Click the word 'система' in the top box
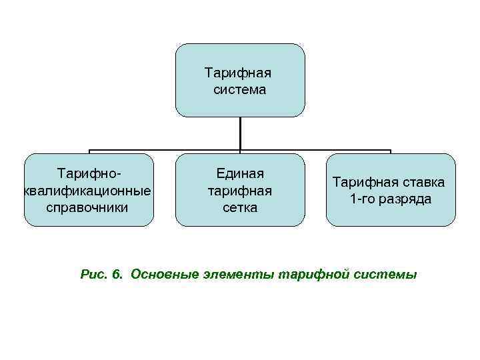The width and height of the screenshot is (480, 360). coord(240,89)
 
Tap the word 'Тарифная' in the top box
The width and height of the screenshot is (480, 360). coord(240,72)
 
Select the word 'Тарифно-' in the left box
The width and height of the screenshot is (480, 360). coord(89,174)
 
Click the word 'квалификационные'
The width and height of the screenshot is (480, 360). coord(87,191)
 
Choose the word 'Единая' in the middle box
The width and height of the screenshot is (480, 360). coord(240,174)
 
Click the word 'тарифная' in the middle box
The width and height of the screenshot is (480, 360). coord(240,191)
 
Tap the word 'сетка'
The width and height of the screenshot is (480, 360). coord(240,207)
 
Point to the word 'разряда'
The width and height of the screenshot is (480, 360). coord(404,199)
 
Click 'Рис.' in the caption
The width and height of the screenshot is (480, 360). coord(93,274)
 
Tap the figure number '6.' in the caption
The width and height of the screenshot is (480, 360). coord(118,274)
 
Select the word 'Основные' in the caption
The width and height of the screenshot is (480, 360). coord(165,274)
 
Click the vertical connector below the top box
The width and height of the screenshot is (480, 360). coord(240,133)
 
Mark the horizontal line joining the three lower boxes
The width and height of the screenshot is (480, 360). coord(167,150)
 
